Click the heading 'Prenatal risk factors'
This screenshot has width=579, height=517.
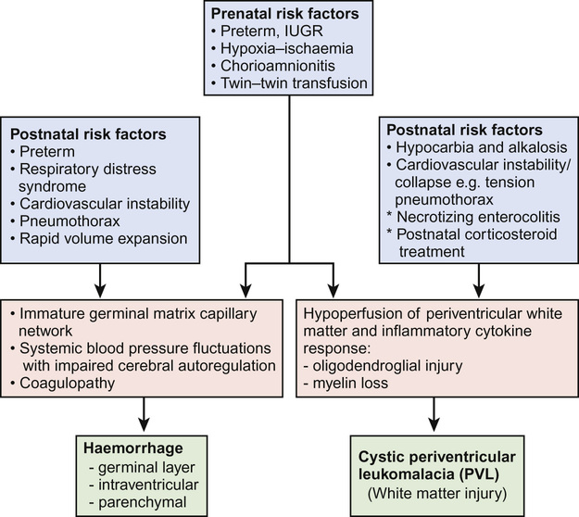pos(291,16)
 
